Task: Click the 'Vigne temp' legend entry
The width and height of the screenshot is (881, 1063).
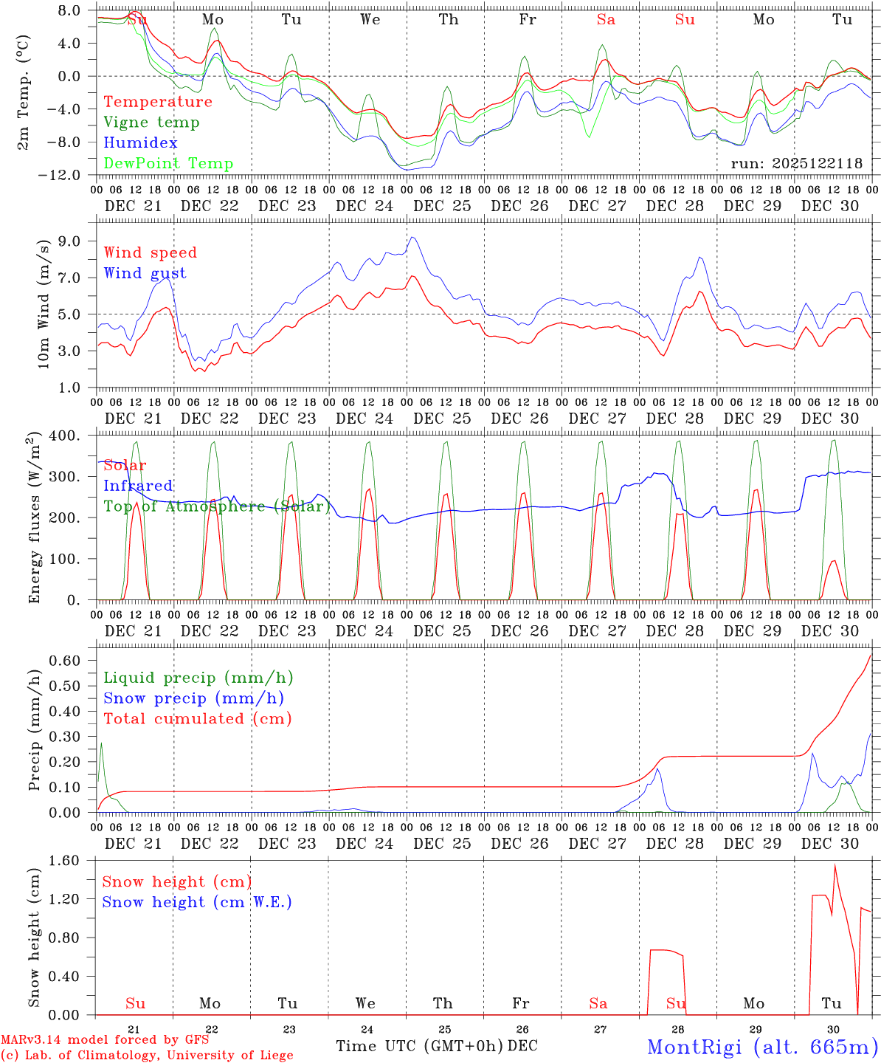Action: tap(151, 123)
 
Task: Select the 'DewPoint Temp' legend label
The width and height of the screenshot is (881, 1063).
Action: tap(168, 164)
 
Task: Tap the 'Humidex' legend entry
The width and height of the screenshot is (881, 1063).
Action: tap(140, 143)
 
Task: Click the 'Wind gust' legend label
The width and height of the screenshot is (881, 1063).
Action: tap(145, 273)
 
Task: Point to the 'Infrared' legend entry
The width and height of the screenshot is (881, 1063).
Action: tap(138, 486)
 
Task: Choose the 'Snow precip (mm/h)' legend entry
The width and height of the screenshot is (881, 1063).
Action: tap(193, 698)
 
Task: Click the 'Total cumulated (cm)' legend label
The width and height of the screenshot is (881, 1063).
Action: tap(197, 719)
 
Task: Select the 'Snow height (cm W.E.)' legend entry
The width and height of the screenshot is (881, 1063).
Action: tap(197, 902)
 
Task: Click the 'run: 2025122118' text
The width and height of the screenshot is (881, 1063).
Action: tap(796, 164)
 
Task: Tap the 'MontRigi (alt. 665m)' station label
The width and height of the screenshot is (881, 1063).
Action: tap(762, 1046)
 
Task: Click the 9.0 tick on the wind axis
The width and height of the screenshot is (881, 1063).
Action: tap(76, 241)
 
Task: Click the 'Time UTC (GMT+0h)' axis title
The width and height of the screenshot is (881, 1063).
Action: tap(420, 1046)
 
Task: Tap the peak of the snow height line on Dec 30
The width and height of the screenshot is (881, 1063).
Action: tap(835, 864)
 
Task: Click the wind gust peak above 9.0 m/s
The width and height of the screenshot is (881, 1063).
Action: tap(412, 237)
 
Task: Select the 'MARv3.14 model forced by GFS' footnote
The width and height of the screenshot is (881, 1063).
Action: tap(105, 1039)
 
